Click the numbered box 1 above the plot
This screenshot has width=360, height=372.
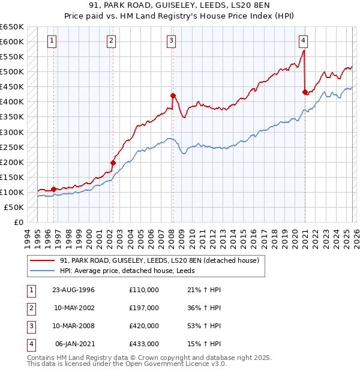pos(52,41)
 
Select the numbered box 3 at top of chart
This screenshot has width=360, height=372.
pos(171,41)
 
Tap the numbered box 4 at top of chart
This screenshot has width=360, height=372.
pos(303,41)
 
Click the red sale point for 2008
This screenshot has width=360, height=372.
pos(173,95)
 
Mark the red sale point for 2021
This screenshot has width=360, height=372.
pos(305,92)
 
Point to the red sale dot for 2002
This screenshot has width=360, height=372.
pos(113,163)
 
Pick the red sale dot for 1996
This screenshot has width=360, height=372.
pos(54,189)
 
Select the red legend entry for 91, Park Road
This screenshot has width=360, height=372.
pos(159,260)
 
